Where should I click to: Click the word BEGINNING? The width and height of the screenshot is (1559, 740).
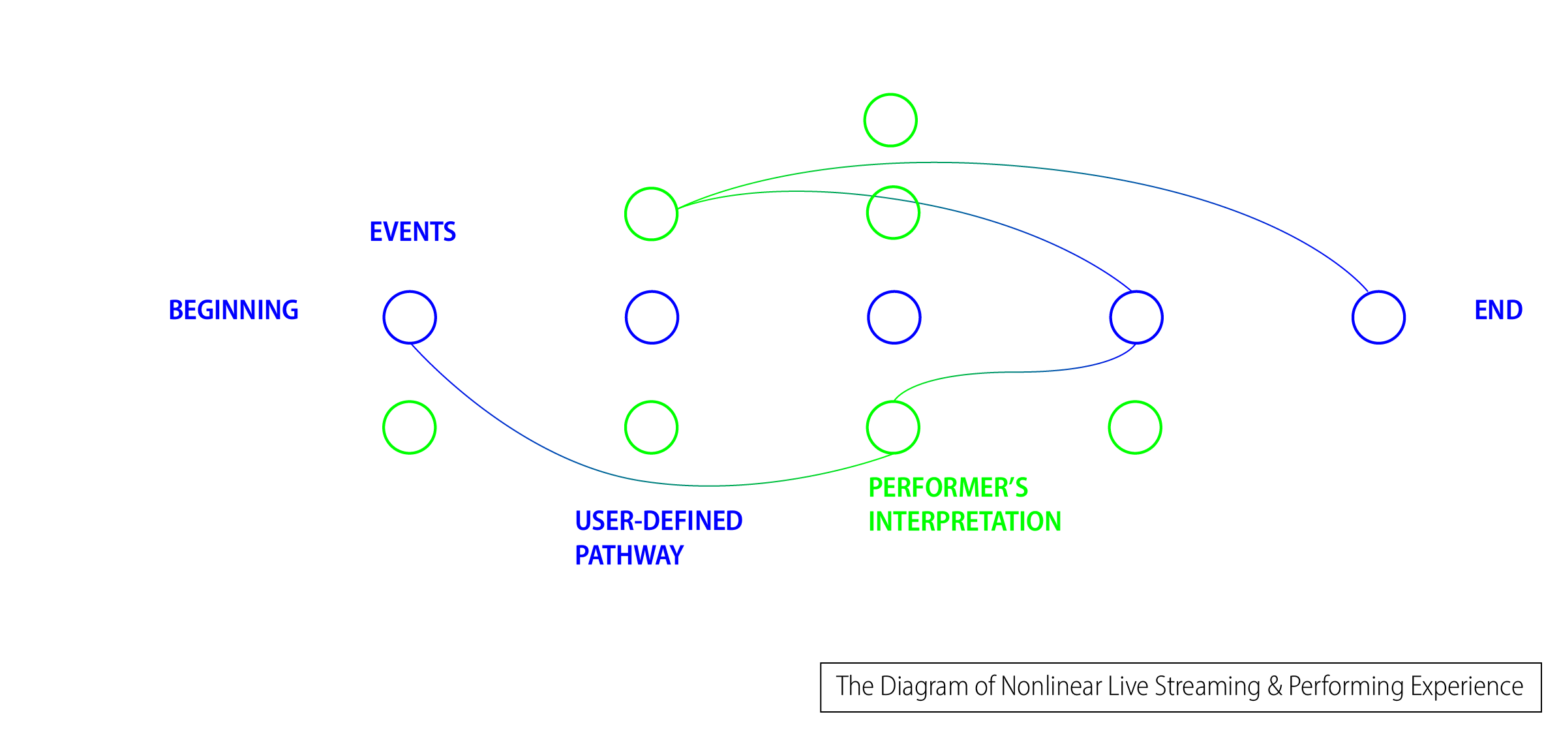[x=234, y=310]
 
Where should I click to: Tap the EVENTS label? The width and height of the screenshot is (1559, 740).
[x=412, y=232]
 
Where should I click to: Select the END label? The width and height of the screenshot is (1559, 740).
[x=1498, y=310]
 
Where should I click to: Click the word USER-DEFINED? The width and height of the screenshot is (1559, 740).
[x=658, y=521]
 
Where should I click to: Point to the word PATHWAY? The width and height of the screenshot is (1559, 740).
[x=629, y=555]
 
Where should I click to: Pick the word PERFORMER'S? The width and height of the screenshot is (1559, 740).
[x=948, y=487]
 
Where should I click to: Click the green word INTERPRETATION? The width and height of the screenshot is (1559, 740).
[x=964, y=521]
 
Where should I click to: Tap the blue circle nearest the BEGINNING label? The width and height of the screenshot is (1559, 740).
[x=410, y=317]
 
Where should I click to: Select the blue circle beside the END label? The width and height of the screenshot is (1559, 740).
[x=1378, y=317]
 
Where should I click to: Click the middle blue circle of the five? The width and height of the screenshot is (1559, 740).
[x=894, y=317]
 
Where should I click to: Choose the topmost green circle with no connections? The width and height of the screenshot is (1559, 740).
[x=890, y=120]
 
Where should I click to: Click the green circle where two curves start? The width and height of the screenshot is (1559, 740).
[x=652, y=214]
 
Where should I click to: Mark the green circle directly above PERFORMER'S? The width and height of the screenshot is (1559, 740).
[x=893, y=427]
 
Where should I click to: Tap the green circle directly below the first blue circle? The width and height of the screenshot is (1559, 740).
[x=410, y=427]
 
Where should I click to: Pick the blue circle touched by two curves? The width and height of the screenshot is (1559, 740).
[x=1136, y=317]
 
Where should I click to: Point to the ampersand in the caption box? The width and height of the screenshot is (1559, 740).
[x=1275, y=686]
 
